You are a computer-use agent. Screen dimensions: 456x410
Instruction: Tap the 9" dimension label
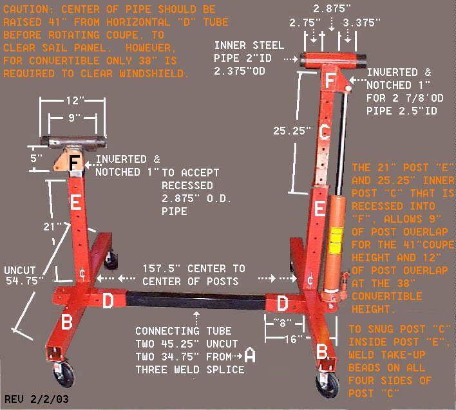click(x=73, y=117)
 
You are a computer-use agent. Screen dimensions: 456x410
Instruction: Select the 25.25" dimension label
click(x=292, y=131)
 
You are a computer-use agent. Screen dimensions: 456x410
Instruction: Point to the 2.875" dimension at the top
click(x=332, y=8)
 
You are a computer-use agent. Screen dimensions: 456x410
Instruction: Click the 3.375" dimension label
click(x=361, y=23)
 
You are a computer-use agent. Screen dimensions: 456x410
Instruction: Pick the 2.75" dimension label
click(x=305, y=23)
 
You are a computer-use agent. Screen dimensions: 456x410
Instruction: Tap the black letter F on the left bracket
click(x=74, y=163)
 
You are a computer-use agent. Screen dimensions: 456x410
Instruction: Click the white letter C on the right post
click(x=324, y=132)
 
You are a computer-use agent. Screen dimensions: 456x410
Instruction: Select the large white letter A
click(x=250, y=355)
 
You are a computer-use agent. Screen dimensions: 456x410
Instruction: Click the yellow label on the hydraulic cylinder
click(x=336, y=239)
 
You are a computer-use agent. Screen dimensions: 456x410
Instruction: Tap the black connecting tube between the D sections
click(x=196, y=301)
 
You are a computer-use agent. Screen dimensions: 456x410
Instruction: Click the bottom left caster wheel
click(x=64, y=374)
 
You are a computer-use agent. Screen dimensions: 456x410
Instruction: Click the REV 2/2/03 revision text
click(x=37, y=399)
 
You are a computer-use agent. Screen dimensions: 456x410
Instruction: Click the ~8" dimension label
click(x=282, y=322)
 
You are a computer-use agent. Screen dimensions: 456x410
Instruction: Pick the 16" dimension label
click(x=294, y=339)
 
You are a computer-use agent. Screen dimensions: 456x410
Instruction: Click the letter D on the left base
click(x=108, y=301)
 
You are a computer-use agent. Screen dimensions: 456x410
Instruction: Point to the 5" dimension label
click(x=36, y=158)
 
